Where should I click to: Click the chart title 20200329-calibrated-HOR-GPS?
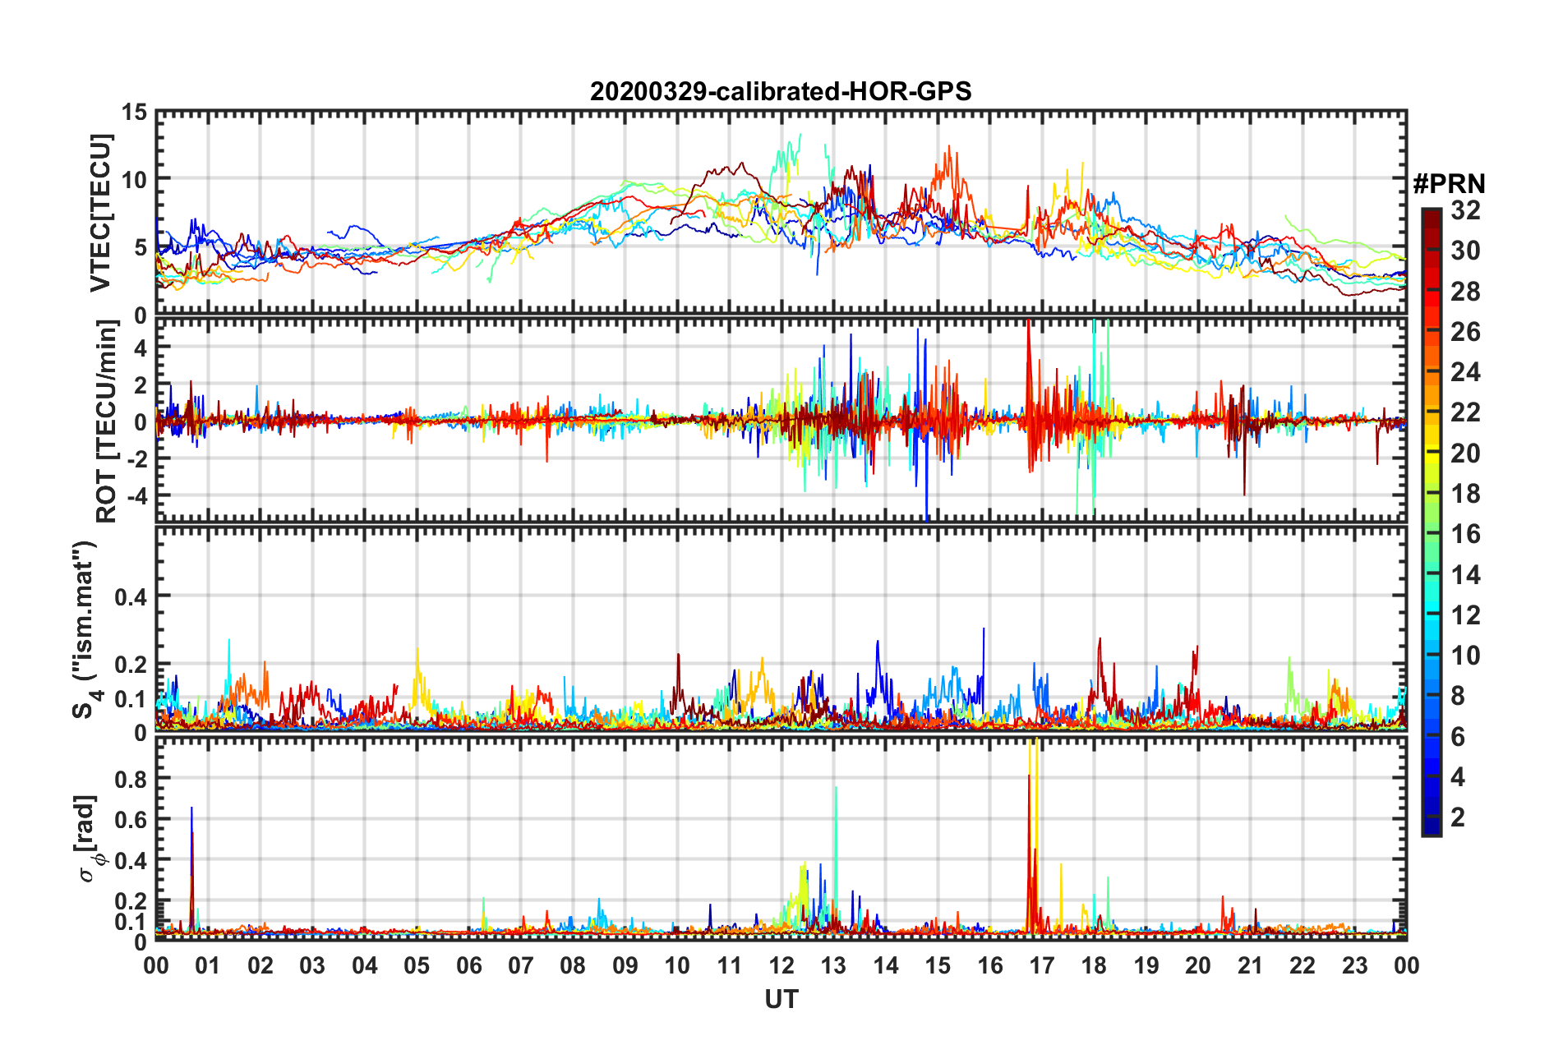pos(781,91)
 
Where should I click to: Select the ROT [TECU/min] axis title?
pos(106,421)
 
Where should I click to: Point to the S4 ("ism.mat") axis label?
pos(85,630)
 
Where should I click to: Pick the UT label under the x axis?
pos(781,999)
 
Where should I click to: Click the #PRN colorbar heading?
pos(1449,184)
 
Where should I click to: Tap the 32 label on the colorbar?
pos(1465,210)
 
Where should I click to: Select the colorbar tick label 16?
pos(1465,534)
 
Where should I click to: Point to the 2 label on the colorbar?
pos(1459,817)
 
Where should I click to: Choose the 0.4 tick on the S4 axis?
pos(131,597)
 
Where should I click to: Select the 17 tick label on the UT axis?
pos(1042,965)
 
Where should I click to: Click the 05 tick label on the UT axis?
pos(417,965)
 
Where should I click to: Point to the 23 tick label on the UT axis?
pos(1354,965)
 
